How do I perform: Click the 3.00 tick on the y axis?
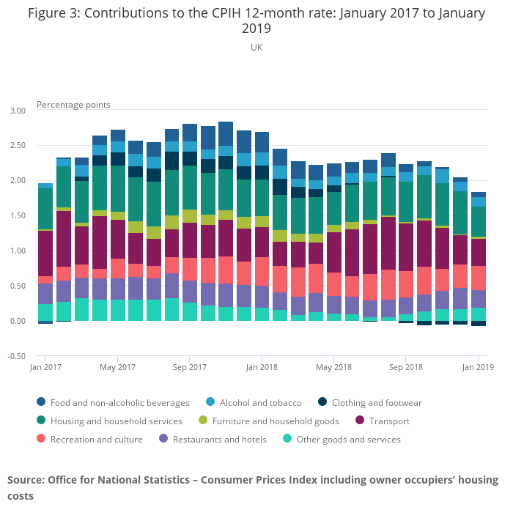pos(16,111)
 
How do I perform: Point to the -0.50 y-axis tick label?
pos(16,357)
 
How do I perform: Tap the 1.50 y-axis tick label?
pos(16,216)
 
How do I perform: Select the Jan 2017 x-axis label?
pos(45,367)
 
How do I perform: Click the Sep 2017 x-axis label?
pos(189,367)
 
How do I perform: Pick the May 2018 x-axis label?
pos(333,367)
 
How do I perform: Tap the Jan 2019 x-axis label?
pos(478,367)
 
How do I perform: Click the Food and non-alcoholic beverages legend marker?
pos(41,402)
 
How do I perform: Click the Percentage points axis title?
pos(73,104)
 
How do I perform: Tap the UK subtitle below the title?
pos(256,47)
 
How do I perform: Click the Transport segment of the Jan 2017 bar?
pos(45,254)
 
